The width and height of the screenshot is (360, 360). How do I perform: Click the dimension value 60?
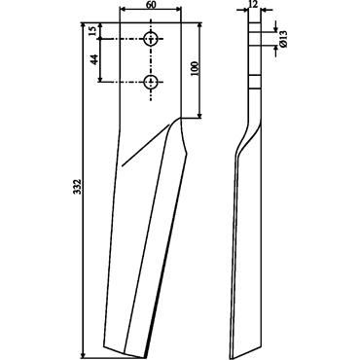[x=151, y=5]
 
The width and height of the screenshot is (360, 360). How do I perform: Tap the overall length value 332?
[x=77, y=187]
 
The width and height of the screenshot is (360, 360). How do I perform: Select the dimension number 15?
[x=93, y=31]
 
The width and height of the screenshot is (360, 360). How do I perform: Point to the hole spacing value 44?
[x=94, y=59]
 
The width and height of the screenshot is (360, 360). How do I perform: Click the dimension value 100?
[x=195, y=68]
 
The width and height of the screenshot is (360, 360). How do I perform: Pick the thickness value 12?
[x=255, y=5]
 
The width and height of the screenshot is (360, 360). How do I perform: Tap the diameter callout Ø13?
[x=283, y=39]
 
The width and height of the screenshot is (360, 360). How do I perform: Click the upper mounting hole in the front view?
[x=151, y=39]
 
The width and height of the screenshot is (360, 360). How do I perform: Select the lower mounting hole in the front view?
[x=151, y=82]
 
